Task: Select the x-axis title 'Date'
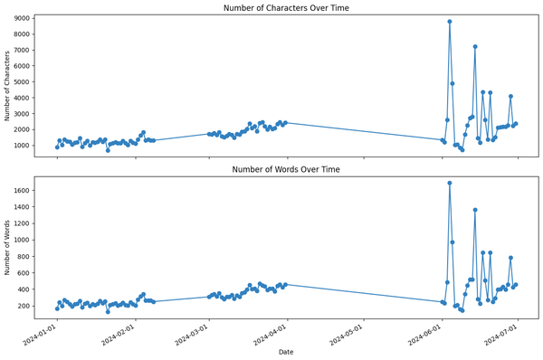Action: coord(285,351)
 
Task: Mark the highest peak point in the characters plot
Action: coord(450,22)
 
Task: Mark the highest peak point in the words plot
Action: coord(450,183)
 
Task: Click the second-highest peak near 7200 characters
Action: coord(475,46)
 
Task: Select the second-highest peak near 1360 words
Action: coord(475,210)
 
